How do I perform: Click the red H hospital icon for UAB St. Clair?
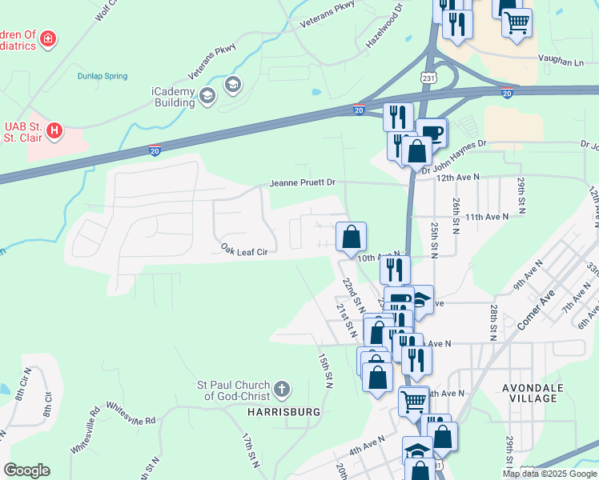tap(54, 130)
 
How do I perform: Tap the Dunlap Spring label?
tap(102, 76)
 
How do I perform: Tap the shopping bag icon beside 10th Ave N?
tap(351, 238)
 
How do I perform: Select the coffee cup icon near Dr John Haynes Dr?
tap(432, 133)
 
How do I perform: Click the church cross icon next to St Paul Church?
tap(281, 390)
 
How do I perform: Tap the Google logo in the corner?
tap(26, 470)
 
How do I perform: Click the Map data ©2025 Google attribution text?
tap(549, 474)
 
